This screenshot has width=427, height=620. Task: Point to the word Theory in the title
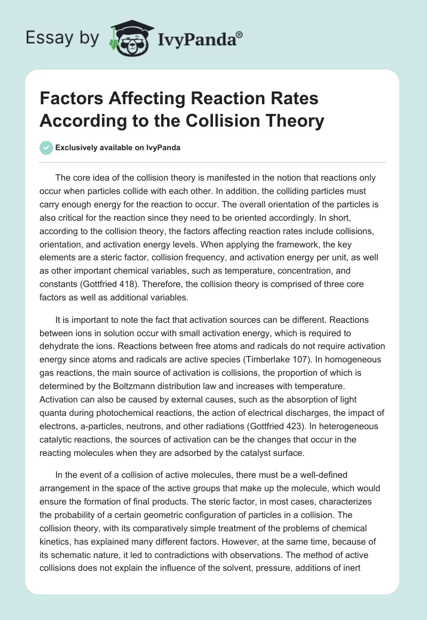tap(297, 121)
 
